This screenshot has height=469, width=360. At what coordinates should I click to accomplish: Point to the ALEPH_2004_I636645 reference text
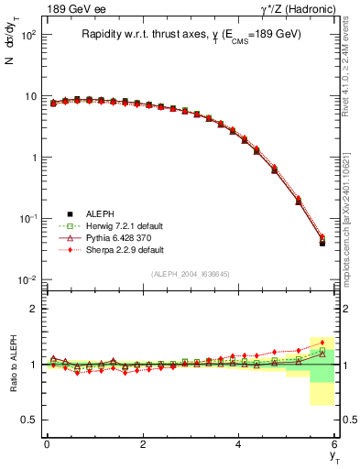[191, 274]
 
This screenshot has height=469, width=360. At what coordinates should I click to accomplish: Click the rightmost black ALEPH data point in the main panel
[322, 243]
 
